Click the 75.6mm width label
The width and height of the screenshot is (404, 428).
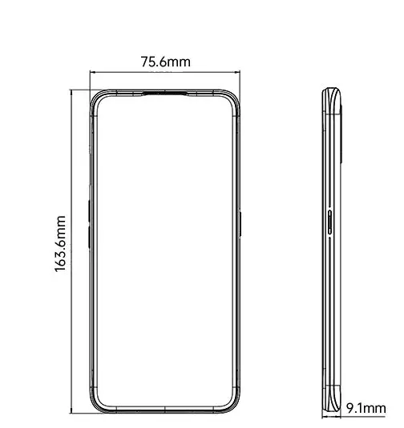[166, 62]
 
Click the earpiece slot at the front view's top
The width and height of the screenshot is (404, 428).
[166, 94]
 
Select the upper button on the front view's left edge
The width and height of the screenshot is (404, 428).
[88, 210]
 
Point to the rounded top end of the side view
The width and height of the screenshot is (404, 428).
[332, 91]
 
